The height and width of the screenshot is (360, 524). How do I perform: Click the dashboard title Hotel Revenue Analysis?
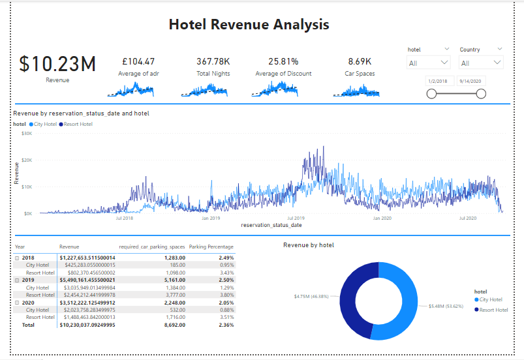point(249,25)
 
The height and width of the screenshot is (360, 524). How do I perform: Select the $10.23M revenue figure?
point(57,64)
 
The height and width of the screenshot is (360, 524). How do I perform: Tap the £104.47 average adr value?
point(138,61)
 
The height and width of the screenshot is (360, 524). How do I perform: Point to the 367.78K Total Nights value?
point(213,61)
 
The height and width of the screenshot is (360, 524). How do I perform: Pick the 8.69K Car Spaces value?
point(360,61)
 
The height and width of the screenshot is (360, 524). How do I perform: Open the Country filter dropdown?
point(481,63)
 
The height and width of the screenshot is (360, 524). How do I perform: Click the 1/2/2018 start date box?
point(438,82)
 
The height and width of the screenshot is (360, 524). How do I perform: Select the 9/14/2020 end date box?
point(472,82)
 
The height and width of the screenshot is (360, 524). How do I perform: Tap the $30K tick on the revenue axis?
point(27,133)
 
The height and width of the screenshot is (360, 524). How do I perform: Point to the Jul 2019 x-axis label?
point(296,218)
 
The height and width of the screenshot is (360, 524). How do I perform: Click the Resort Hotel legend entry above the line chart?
point(77,124)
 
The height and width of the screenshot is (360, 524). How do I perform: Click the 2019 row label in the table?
point(29,280)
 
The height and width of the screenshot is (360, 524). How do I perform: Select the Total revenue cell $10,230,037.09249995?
point(87,324)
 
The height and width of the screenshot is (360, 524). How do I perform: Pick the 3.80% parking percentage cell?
point(225,295)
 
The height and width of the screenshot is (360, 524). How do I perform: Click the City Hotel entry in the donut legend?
point(490,299)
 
